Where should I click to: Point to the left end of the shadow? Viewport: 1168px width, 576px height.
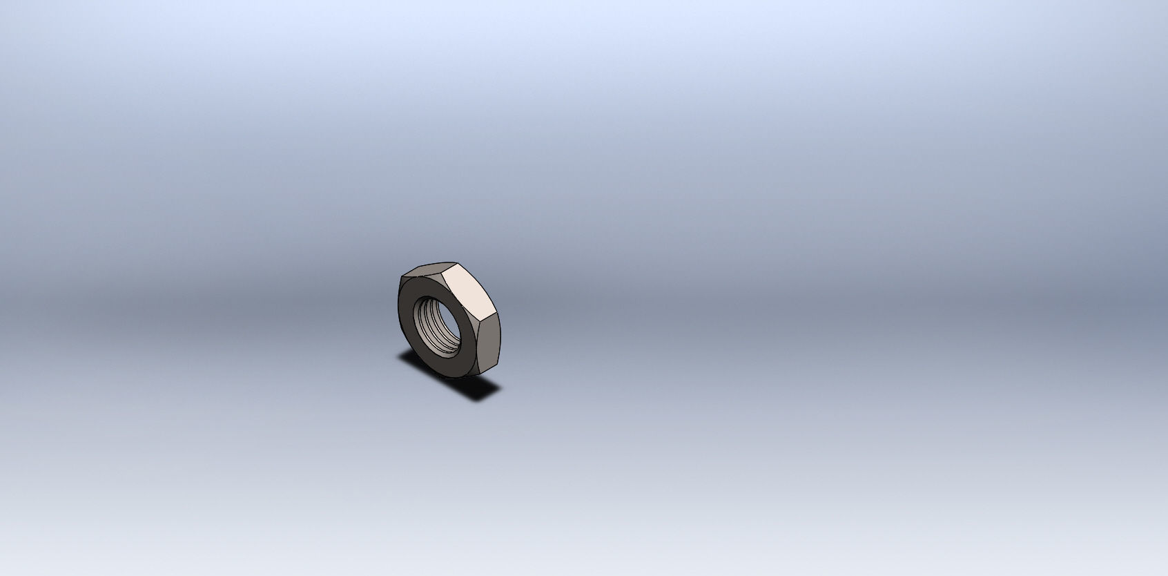click(400, 355)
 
